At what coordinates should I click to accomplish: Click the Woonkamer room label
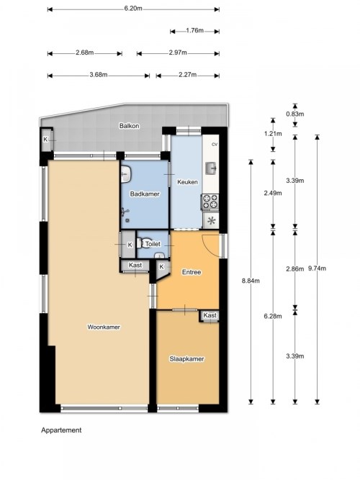pyautogui.click(x=104, y=327)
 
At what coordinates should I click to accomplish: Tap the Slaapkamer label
pyautogui.click(x=186, y=358)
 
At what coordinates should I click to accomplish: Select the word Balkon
pyautogui.click(x=129, y=126)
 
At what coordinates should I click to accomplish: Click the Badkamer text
pyautogui.click(x=144, y=194)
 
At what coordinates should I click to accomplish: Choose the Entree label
pyautogui.click(x=191, y=272)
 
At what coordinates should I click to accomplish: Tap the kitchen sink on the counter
pyautogui.click(x=210, y=168)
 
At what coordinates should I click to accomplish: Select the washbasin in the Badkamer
pyautogui.click(x=126, y=173)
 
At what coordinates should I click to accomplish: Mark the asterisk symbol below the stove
pyautogui.click(x=212, y=221)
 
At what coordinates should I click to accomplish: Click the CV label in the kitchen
pyautogui.click(x=214, y=145)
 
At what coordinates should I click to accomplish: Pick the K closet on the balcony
pyautogui.click(x=46, y=139)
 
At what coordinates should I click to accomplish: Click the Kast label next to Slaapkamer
pyautogui.click(x=210, y=315)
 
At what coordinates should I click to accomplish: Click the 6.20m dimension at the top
pyautogui.click(x=133, y=9)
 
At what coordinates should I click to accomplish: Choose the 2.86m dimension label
pyautogui.click(x=294, y=268)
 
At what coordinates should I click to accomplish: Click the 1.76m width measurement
pyautogui.click(x=195, y=31)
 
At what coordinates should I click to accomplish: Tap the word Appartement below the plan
pyautogui.click(x=62, y=430)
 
